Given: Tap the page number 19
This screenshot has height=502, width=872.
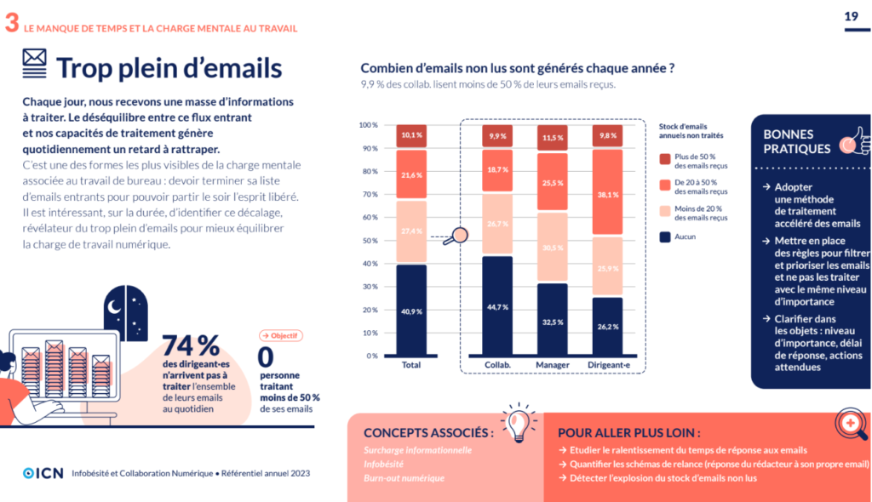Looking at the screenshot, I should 850,16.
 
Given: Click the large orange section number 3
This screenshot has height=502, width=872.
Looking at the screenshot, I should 11,23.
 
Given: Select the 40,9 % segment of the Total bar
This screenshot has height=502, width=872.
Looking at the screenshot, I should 411,311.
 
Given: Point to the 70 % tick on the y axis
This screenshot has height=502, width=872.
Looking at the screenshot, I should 368,195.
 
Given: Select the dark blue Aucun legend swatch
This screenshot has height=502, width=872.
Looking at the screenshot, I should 666,237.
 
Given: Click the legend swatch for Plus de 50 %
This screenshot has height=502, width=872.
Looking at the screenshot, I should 666,158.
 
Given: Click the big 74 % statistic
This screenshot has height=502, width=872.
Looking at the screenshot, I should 191,345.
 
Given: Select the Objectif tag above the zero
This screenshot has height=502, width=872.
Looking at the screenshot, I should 280,336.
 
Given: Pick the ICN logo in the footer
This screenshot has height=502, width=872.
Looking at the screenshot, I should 43,473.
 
